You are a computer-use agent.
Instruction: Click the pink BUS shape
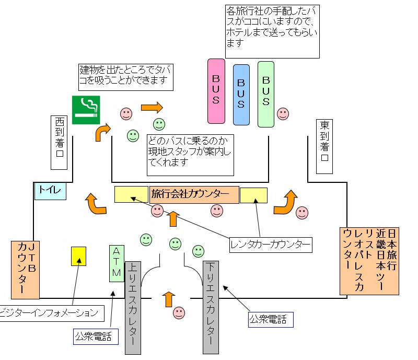[216, 91]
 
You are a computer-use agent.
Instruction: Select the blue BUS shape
[241, 95]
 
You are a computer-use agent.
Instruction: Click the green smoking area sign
[86, 110]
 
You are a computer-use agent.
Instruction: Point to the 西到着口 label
[60, 142]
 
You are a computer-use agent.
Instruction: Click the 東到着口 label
[324, 146]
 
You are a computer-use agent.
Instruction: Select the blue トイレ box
[50, 191]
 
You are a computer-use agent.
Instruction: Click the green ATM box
[117, 263]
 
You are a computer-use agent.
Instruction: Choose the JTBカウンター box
[25, 270]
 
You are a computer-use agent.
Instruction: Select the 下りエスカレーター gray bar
[210, 308]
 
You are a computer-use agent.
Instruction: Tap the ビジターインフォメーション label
[50, 313]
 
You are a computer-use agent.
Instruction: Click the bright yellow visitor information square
[78, 256]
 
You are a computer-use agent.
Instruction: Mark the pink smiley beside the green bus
[283, 113]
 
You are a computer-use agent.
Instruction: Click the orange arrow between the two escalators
[168, 299]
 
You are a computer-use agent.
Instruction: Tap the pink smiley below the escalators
[179, 313]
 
